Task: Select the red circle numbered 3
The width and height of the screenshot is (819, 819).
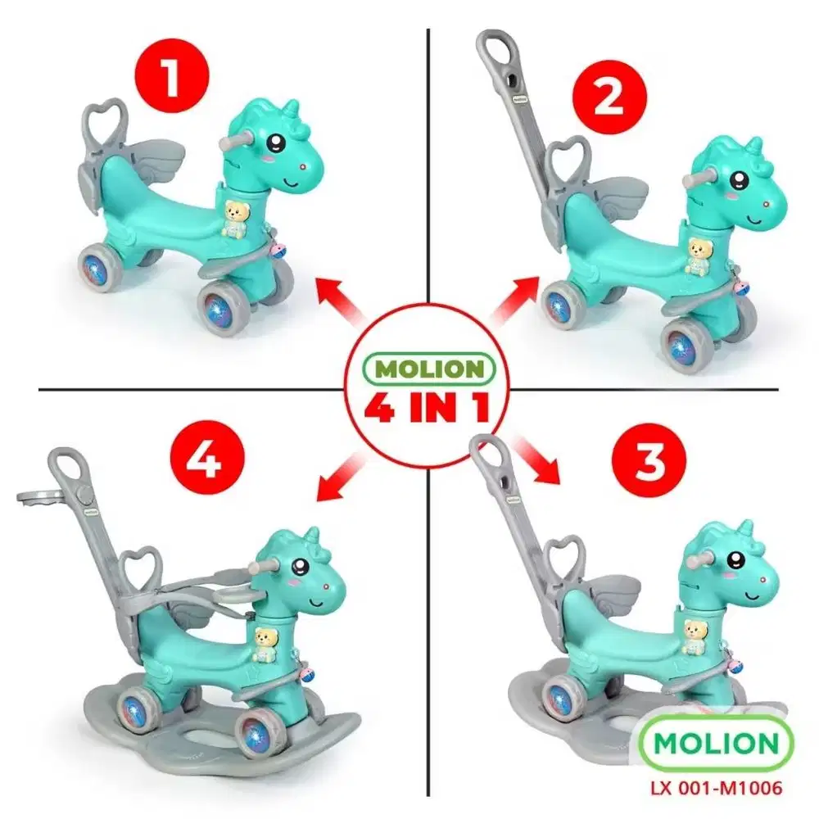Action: click(x=649, y=463)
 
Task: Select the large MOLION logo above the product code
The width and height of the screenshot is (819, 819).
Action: click(x=704, y=744)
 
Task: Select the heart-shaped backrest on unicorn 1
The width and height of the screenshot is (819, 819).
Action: click(x=105, y=123)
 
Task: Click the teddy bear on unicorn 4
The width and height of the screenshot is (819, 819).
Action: click(x=265, y=643)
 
